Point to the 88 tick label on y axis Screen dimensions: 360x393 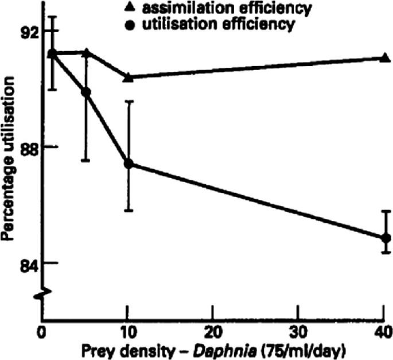(25, 147)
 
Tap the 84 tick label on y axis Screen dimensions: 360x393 (25, 264)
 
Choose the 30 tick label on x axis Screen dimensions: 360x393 (298, 332)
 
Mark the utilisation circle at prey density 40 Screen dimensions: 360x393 (386, 238)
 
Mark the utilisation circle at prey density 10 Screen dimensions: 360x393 (129, 164)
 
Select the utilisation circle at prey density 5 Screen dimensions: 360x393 (86, 92)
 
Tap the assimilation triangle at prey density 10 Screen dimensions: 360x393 (129, 77)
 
